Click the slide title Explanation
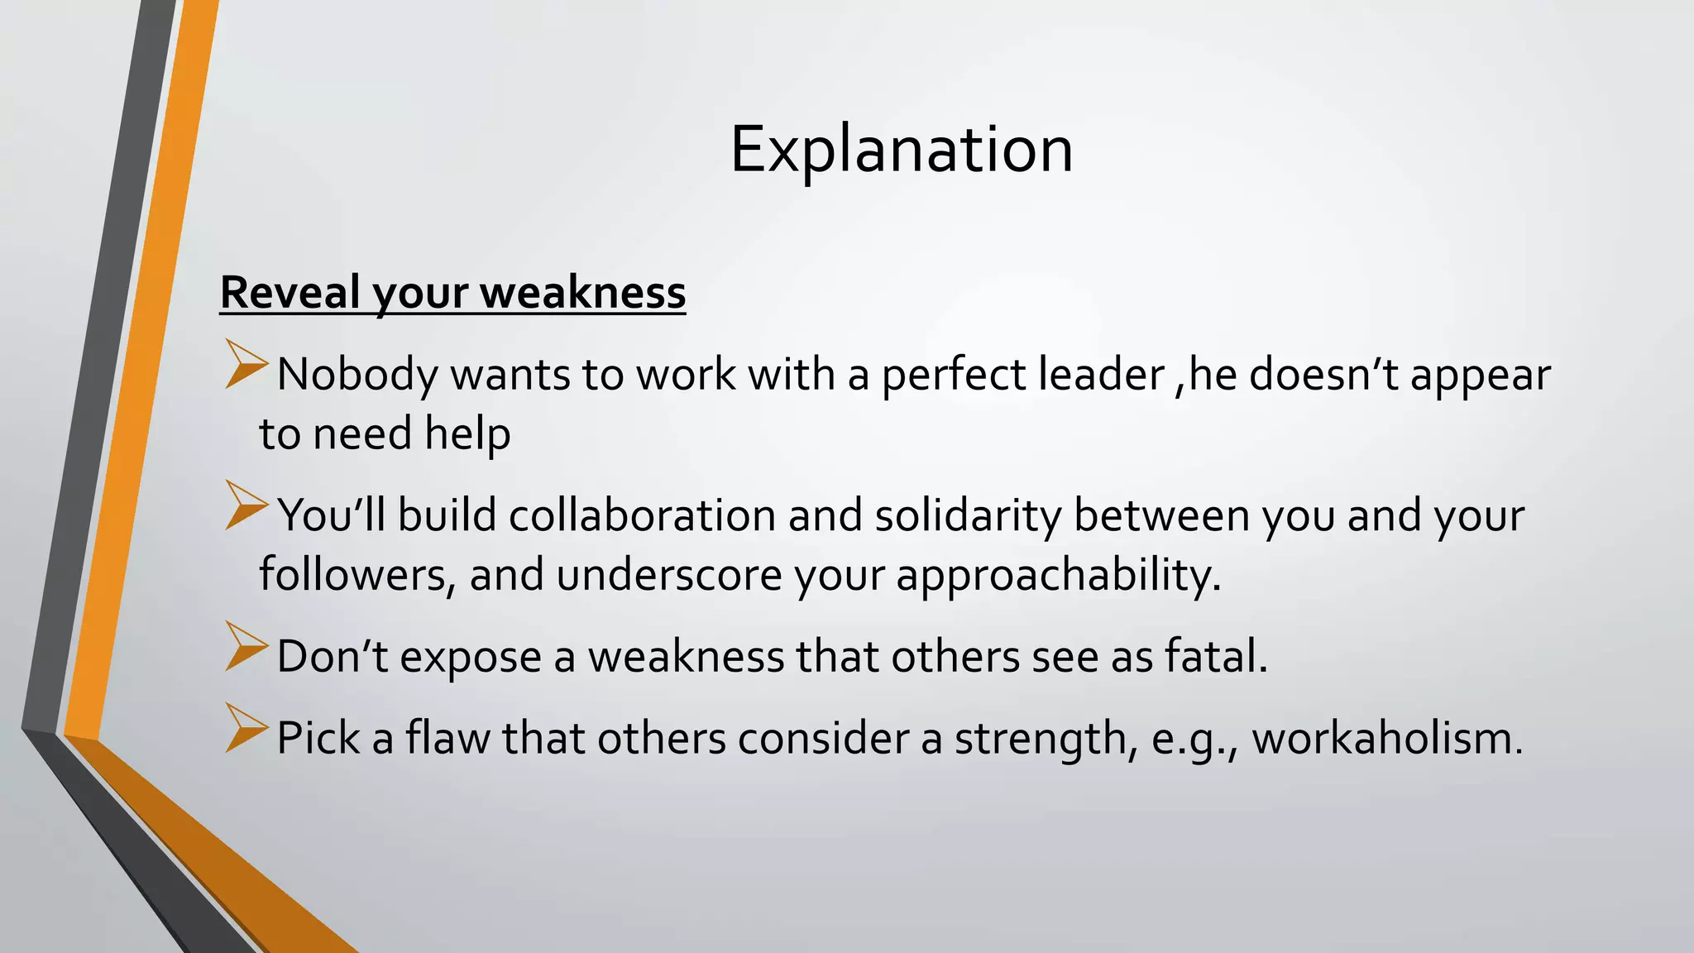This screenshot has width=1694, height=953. tap(901, 150)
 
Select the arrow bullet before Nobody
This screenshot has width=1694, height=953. tap(246, 364)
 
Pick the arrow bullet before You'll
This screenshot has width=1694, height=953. tap(246, 505)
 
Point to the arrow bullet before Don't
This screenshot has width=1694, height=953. tap(246, 647)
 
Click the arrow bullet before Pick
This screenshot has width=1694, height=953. tap(246, 728)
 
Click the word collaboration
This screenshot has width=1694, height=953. tap(642, 515)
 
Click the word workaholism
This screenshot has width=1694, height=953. tap(1387, 737)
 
